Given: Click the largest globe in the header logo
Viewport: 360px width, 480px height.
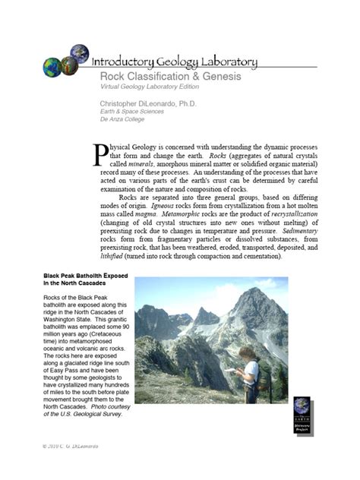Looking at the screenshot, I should [56, 67].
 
